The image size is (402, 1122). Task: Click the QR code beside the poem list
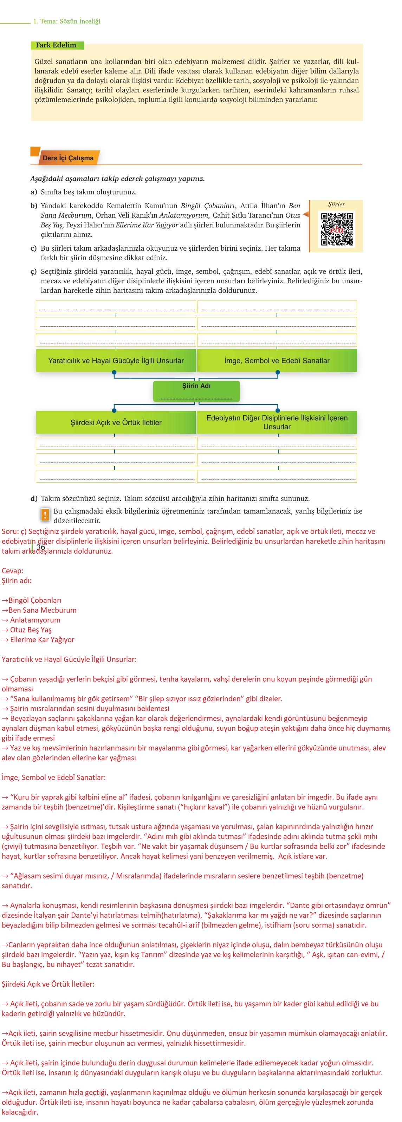point(337,229)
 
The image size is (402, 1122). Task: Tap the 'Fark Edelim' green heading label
point(56,45)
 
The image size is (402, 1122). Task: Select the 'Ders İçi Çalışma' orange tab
point(68,158)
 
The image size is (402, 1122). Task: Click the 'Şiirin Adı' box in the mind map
point(196,391)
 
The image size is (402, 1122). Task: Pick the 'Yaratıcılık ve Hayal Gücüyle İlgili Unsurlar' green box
point(116,361)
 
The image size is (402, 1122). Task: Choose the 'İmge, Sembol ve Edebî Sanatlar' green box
point(277,361)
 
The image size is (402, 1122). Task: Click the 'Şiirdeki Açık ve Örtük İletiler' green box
point(116,423)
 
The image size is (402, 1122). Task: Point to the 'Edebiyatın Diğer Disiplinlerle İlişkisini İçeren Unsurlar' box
point(277,422)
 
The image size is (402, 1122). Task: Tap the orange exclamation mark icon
point(44,515)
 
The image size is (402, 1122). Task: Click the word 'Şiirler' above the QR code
point(336,204)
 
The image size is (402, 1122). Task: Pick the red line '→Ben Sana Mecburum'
point(39,610)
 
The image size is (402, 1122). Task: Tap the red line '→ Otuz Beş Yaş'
point(27,630)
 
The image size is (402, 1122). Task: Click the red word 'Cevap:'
point(13,570)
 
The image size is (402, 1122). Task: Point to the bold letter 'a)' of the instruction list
point(33,192)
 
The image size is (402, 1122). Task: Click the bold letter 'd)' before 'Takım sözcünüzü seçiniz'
point(33,498)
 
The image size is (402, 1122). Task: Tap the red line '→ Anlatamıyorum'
point(31,620)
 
